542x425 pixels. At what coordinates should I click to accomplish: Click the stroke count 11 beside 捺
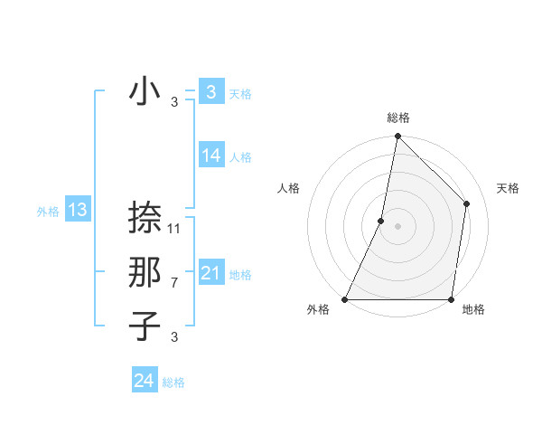174,228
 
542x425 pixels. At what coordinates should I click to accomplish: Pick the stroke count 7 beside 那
174,283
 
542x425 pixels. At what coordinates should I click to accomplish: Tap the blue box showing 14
210,156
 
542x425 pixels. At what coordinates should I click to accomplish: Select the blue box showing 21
210,273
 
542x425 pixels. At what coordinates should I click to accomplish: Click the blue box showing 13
77,211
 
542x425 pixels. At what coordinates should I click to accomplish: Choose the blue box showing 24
144,381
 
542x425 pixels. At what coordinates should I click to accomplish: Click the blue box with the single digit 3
210,91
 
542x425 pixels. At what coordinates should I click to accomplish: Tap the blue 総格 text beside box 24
173,382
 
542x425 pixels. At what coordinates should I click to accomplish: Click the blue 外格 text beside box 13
48,212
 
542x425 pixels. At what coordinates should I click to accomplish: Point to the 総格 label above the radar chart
398,118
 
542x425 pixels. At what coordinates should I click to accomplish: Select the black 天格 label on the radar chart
508,188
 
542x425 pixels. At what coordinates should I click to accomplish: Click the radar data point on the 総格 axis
398,137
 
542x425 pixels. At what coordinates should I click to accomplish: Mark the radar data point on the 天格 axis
467,203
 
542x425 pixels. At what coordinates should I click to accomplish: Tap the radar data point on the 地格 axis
452,298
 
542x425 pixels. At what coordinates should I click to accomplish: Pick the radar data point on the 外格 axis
345,298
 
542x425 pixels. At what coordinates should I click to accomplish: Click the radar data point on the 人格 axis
381,221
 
